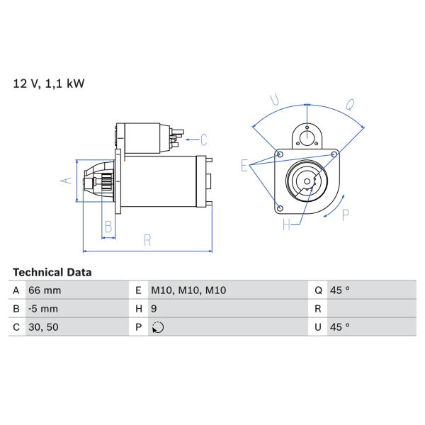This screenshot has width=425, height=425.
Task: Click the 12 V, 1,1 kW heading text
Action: pyautogui.click(x=49, y=84)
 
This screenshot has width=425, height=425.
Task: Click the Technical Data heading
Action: pyautogui.click(x=52, y=273)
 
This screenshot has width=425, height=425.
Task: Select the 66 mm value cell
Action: pyautogui.click(x=45, y=290)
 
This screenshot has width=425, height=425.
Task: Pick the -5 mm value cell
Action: pyautogui.click(x=43, y=309)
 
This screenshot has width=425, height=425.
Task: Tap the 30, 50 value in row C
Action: pyautogui.click(x=43, y=327)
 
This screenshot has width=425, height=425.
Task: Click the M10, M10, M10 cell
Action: pyautogui.click(x=188, y=290)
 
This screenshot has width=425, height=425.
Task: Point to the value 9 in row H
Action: pyautogui.click(x=154, y=309)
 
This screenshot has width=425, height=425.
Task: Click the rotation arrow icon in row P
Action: pyautogui.click(x=158, y=327)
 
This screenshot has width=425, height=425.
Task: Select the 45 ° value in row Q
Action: pyautogui.click(x=339, y=290)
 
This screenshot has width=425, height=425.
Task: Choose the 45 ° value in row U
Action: pyautogui.click(x=339, y=327)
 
